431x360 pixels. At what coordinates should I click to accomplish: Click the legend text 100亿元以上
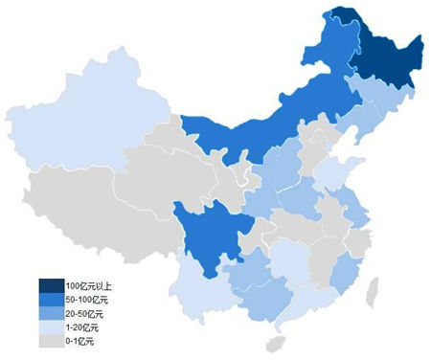click(88, 286)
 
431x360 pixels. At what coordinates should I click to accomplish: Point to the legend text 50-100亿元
click(86, 301)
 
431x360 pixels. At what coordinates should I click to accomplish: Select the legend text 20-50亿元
click(84, 314)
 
